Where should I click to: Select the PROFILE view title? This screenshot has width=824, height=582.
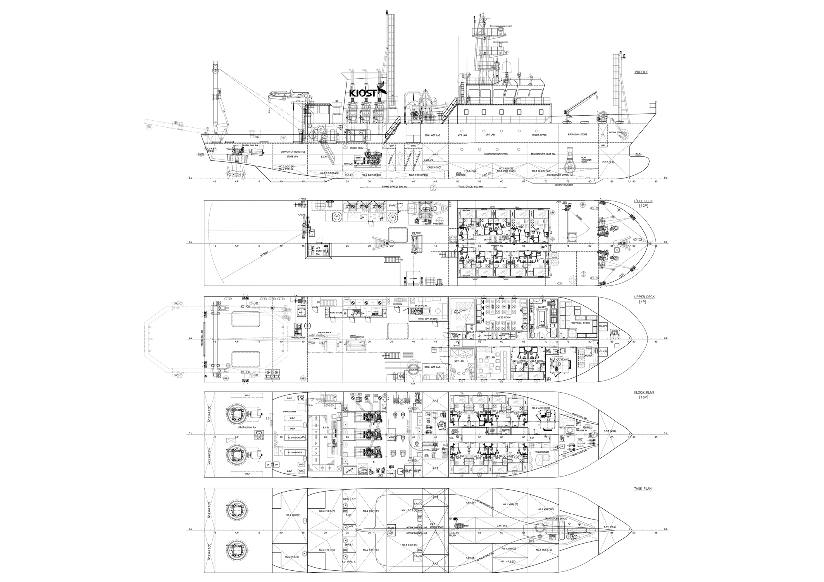pos(641,72)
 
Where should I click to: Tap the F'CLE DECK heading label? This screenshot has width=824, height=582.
pos(643,201)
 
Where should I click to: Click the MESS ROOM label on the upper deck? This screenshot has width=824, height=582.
pos(504,317)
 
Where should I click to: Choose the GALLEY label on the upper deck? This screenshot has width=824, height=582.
pos(542,307)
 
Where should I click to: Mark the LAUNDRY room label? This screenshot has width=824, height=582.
pos(589,355)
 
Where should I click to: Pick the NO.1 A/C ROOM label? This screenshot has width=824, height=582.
pos(559,360)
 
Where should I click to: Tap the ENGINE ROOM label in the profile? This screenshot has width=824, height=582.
pos(357,148)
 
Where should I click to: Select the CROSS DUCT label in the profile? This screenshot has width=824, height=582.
pos(434,168)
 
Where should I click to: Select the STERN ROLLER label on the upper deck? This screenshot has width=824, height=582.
pos(202,338)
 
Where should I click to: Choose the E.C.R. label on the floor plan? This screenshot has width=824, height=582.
pos(325,427)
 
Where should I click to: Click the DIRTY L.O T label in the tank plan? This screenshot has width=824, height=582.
pos(349,499)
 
